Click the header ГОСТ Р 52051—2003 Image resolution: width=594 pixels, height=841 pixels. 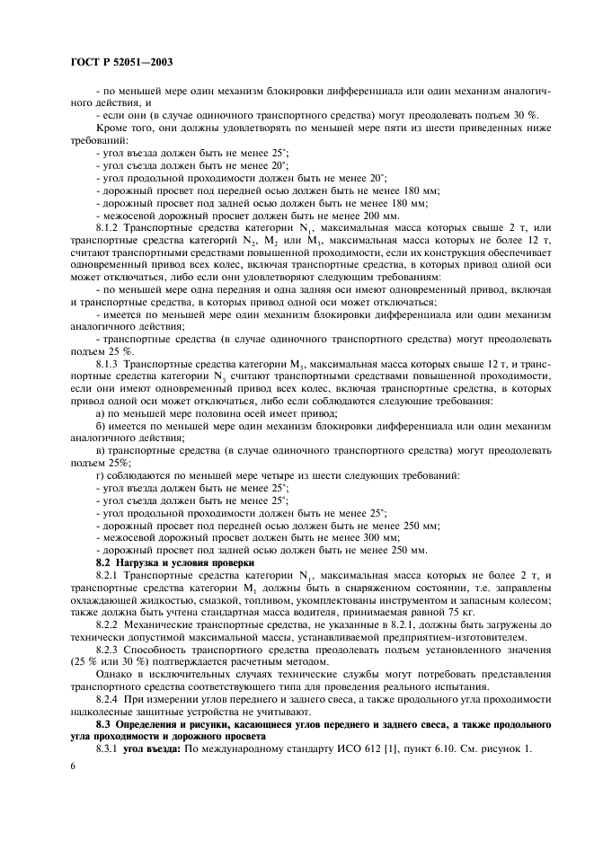click(x=120, y=63)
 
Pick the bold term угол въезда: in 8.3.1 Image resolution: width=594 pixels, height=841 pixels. click(x=154, y=748)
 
